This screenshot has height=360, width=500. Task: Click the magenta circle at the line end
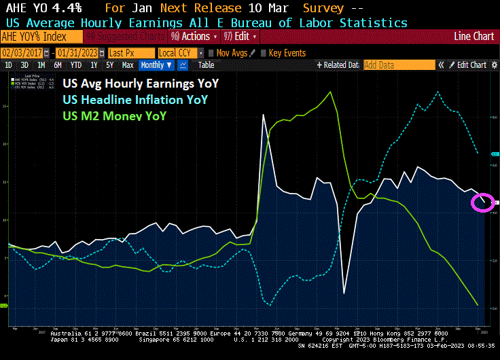[483, 202]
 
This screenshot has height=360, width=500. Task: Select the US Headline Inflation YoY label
[135, 101]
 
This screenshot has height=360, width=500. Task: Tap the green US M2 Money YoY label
[114, 115]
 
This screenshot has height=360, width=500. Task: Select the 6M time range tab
[58, 65]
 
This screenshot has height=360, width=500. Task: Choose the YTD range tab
[75, 65]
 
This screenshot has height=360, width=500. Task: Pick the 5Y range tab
[109, 65]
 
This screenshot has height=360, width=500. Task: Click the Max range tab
[127, 65]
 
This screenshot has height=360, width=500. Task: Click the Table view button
[206, 65]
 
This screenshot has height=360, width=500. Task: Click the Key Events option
[287, 52]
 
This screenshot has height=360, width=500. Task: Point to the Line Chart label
[473, 36]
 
